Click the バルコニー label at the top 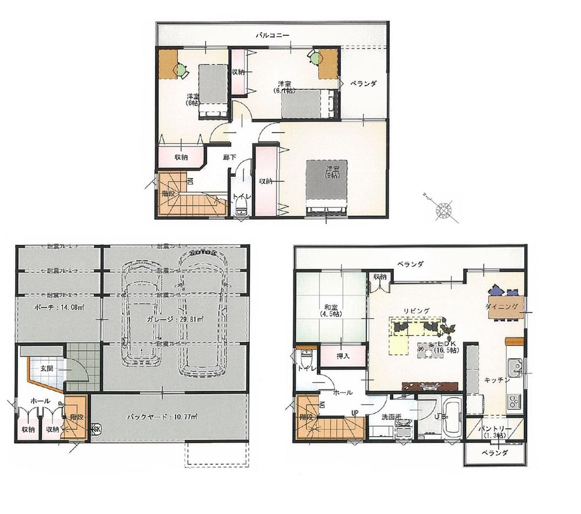[272, 35]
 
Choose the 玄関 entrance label [48, 368]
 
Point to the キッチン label [497, 380]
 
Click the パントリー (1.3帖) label [495, 433]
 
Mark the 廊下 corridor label [229, 157]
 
